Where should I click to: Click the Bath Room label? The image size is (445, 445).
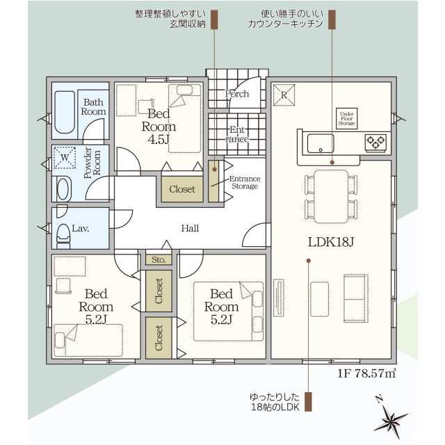(93, 106)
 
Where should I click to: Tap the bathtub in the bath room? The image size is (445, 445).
(65, 112)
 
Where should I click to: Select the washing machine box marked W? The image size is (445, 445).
(65, 157)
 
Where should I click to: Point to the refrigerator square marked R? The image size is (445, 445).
(284, 95)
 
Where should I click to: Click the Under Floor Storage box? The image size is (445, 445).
(346, 118)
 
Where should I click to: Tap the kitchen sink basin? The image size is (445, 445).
(321, 143)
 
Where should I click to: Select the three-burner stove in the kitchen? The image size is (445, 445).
(375, 142)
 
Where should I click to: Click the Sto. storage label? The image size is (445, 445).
(159, 259)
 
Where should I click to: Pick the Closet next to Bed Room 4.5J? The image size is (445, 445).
(182, 189)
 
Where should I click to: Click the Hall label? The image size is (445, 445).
(190, 228)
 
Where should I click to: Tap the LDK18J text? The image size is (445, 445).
(331, 242)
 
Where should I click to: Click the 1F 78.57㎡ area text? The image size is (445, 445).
(366, 373)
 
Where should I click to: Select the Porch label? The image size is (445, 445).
(236, 94)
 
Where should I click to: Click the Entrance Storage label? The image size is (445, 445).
(245, 182)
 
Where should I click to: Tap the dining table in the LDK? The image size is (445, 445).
(331, 196)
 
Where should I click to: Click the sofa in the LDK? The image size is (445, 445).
(356, 298)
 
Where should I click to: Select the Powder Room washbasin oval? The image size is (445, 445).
(63, 188)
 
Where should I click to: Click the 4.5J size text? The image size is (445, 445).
(159, 139)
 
